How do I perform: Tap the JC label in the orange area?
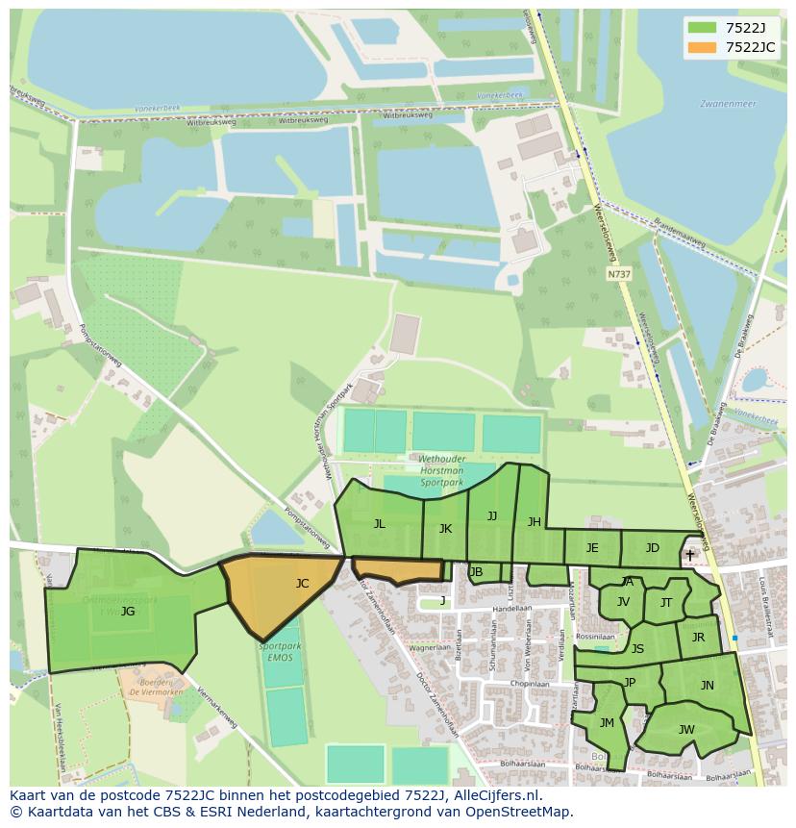pos(302,583)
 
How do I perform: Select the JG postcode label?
pos(128,611)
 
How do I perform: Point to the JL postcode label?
pos(379,524)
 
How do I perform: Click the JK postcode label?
pos(445,529)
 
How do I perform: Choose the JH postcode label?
pos(534,522)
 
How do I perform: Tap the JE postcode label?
pos(592,548)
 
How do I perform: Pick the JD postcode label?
pos(653,548)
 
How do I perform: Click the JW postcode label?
pos(686,730)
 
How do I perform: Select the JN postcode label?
pos(707,686)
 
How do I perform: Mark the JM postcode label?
pos(607,723)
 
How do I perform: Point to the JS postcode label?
pos(637,649)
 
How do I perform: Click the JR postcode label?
pos(698,638)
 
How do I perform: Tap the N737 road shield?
pos(619,274)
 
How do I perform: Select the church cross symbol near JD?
pos(689,555)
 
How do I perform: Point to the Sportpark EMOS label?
pos(280,652)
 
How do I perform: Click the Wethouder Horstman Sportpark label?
pos(441,469)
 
